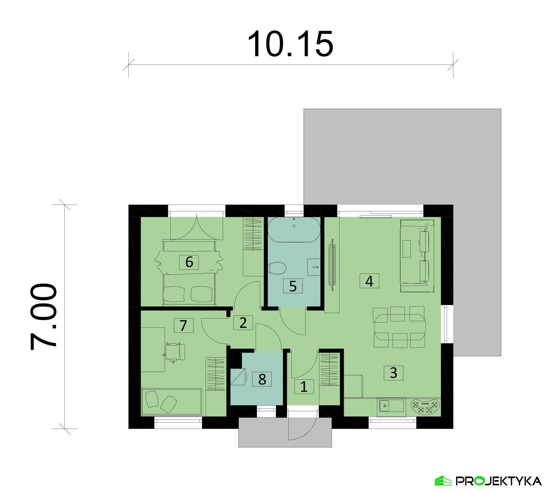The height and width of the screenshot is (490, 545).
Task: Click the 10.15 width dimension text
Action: [x=290, y=44]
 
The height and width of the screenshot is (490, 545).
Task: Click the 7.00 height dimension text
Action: [x=43, y=316]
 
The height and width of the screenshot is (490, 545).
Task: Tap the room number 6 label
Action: [x=189, y=262]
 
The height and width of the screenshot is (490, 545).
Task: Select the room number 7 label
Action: [x=183, y=325]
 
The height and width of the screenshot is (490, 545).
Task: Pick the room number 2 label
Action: [x=243, y=322]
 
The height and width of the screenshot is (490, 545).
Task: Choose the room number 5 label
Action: [x=293, y=286]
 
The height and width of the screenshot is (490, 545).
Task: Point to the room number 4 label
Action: [x=369, y=281]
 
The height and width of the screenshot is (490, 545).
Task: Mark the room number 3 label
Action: [x=393, y=373]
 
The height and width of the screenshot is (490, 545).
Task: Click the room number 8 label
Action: [x=262, y=379]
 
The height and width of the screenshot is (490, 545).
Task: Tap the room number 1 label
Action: [x=304, y=386]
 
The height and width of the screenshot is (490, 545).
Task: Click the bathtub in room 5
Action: [x=294, y=230]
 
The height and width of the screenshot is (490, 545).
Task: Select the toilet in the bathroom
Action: [x=277, y=268]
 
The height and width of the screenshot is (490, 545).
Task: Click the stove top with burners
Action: [x=425, y=406]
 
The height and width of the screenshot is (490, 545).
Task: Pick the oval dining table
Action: [x=400, y=327]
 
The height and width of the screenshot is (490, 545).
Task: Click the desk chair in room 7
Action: [x=175, y=352]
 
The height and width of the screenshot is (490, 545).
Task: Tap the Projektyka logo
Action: [x=488, y=481]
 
